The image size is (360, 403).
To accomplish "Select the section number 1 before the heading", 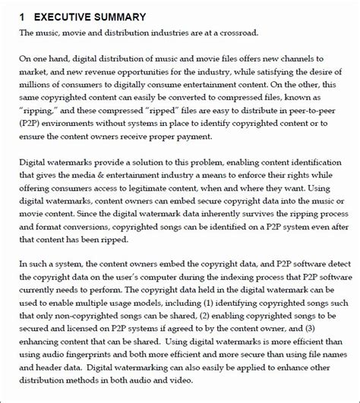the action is point(23,17).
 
